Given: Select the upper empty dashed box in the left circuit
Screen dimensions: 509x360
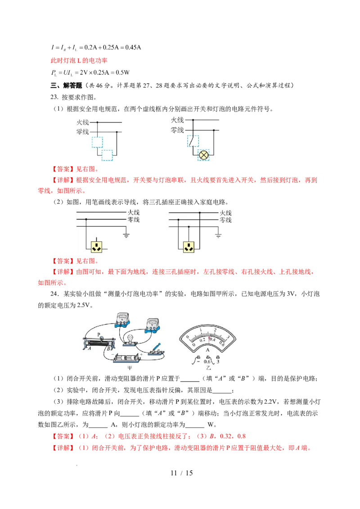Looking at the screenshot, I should coord(98,143).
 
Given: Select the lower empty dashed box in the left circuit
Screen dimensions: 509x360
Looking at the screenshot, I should coord(107,156).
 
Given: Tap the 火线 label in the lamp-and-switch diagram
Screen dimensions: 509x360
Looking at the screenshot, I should coord(177,120).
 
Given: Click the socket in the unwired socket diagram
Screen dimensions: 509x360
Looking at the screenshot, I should coord(96,246).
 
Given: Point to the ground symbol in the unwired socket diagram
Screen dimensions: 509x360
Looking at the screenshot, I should coord(126,235).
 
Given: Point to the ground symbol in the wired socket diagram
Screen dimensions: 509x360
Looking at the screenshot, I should coord(218,235).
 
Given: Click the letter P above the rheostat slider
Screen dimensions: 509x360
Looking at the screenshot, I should coord(99,334).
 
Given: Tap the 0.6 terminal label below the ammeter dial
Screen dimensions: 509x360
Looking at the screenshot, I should coord(207,362).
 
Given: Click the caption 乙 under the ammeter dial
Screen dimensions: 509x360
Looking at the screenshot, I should coord(208,369).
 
